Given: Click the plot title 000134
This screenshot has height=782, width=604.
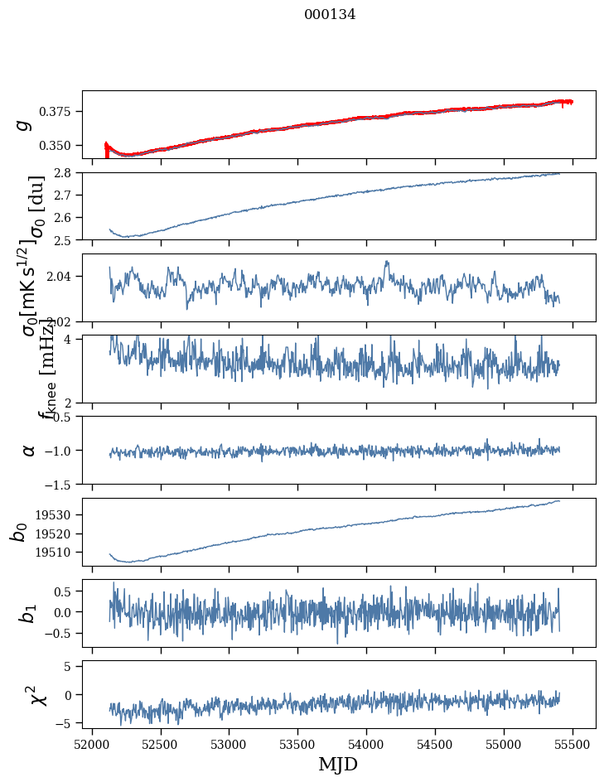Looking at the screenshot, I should click(x=330, y=14).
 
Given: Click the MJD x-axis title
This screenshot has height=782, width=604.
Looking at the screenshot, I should click(x=338, y=764).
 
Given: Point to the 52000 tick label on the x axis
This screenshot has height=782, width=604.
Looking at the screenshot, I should click(x=92, y=744).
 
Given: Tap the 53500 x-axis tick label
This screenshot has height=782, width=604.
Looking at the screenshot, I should click(x=298, y=744).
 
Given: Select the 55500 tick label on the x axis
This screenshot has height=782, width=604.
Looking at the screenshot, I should click(x=573, y=744).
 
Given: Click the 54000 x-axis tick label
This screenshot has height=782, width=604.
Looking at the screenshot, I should click(x=367, y=744).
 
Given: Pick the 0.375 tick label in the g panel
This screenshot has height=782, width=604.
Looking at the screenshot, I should click(x=59, y=111).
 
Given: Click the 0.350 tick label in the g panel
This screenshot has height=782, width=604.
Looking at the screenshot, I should click(x=59, y=145).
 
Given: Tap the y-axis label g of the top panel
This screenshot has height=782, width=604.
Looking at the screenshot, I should click(x=24, y=124).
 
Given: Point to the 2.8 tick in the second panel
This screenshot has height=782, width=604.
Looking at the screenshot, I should click(x=66, y=172).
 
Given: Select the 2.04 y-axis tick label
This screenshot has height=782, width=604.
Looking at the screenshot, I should click(x=62, y=275).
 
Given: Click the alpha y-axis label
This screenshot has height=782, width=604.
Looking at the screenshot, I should click(x=29, y=450).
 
